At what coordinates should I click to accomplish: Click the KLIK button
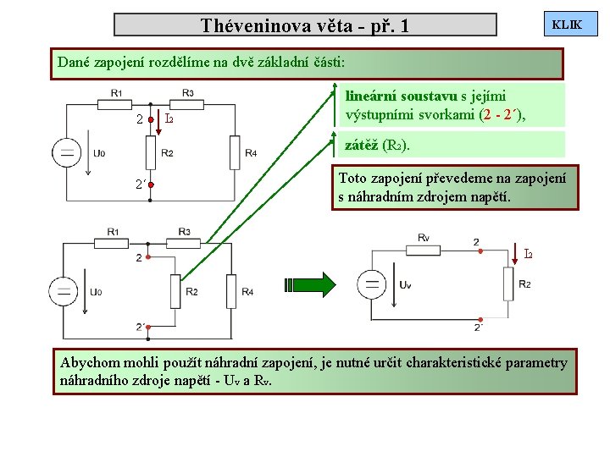click(567, 25)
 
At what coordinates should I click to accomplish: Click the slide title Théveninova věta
click(305, 25)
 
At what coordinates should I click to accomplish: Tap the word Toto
click(353, 178)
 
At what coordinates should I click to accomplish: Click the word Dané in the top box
click(73, 62)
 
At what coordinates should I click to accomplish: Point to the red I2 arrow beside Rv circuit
click(516, 252)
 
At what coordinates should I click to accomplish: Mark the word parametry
click(542, 362)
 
